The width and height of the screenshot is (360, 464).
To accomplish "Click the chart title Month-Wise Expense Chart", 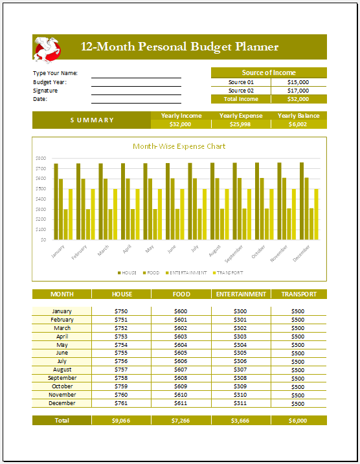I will pos(179,146).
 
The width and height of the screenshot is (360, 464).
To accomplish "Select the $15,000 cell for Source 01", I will pos(298,82).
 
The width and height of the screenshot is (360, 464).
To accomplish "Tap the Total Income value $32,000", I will pos(298,99).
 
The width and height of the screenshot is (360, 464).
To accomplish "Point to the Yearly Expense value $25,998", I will pos(240,124).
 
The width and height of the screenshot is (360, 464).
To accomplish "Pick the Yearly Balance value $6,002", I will pos(298,124).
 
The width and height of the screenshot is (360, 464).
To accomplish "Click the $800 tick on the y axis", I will pos(41,158).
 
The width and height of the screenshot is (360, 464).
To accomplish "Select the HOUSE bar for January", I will pos(56,201).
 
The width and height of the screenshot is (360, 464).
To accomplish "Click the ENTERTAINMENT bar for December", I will pos(311,223).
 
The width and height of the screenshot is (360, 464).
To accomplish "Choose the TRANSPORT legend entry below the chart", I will pos(227,273).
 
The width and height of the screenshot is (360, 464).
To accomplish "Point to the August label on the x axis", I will pos(215,251).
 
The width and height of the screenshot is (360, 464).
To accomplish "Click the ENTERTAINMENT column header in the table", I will pos(241,294).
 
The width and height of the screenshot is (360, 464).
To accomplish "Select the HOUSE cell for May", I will pos(121,345).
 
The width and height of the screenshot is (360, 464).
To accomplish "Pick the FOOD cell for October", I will pos(181,386).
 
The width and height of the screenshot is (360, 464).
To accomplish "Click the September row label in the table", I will pos(62,378).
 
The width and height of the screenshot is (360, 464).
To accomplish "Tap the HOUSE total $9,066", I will pos(121,421).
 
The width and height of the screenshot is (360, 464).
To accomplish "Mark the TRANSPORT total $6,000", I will pos(298,421).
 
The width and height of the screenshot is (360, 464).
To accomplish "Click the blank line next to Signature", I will pos(136,93).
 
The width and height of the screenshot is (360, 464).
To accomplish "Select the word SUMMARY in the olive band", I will pos(92,120).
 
